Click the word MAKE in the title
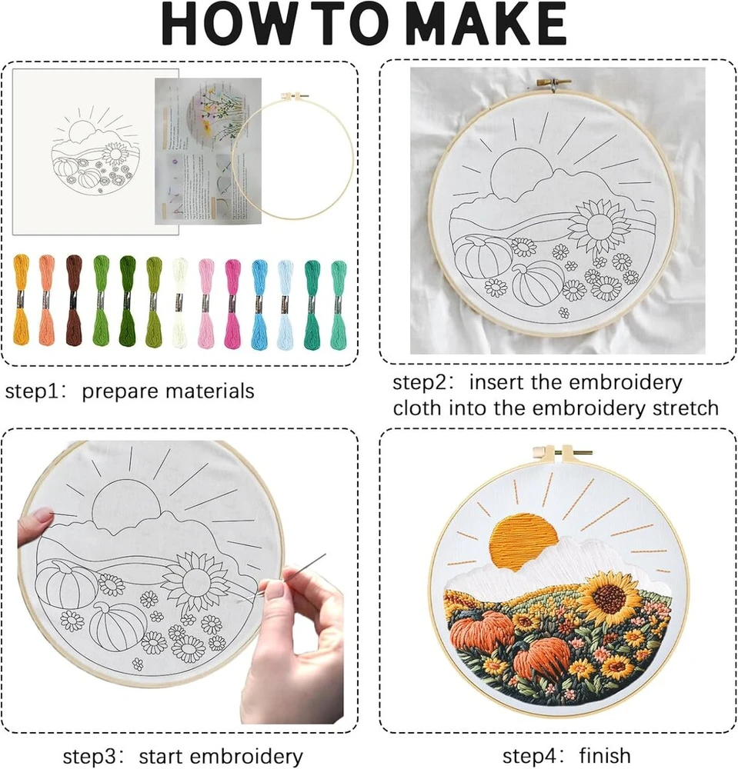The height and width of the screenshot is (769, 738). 486,24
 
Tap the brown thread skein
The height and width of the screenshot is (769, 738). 74,300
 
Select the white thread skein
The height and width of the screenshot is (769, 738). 179,302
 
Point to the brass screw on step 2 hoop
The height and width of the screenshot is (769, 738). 553,83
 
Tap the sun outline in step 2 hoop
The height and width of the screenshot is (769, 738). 521,174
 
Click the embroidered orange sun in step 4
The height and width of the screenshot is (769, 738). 523,541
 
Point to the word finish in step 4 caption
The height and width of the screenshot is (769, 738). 605,756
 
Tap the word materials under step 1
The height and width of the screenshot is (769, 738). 210,391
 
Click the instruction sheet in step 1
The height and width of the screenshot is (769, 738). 208,151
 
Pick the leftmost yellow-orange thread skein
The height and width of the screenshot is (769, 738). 21,299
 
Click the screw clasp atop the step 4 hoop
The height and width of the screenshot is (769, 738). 563,452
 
